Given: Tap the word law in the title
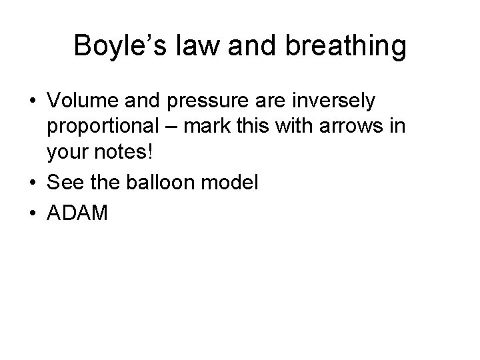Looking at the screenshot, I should pyautogui.click(x=198, y=47).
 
